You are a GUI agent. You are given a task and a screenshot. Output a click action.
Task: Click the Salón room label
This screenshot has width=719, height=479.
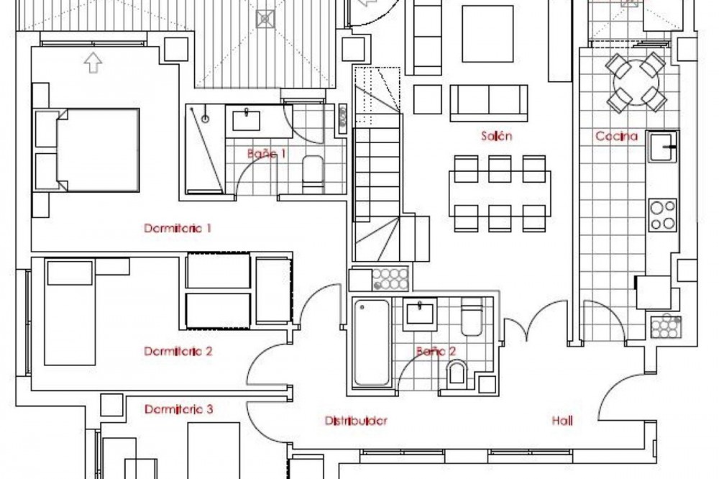pos(496,136)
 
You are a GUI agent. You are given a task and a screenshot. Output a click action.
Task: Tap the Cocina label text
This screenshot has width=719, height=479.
pos(616,136)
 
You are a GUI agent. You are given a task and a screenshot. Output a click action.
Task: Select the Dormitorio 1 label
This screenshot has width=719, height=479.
pos(178,228)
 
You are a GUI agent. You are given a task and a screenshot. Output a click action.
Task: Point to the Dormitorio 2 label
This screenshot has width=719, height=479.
pos(178,352)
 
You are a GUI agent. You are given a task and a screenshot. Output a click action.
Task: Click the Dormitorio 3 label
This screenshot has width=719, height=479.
pos(179,409)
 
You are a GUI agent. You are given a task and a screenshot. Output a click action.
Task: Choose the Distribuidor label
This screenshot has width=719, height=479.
pos(356,421)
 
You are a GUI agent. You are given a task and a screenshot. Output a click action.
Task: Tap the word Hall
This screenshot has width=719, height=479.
pos(562,421)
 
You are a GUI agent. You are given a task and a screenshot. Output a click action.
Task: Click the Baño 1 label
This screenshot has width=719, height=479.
pos(267,153)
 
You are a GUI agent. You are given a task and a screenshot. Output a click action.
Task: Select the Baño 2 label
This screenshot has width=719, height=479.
pos(436,352)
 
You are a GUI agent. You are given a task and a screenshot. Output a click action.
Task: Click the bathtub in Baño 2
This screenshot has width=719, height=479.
pos(372,342)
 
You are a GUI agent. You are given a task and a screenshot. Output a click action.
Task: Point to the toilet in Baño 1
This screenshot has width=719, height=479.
pos(313,174)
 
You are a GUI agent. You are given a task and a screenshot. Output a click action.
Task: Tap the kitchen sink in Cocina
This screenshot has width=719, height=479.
pos(661,147)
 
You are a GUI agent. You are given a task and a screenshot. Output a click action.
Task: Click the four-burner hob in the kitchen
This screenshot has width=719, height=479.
pos(663,215)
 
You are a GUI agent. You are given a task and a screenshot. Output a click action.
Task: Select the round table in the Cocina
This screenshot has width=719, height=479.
pos(636,83)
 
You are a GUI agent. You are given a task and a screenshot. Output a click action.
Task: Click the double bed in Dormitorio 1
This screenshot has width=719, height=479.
pos(98,150)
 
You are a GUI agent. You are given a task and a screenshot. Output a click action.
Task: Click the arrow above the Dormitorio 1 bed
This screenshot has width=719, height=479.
pos(93,63)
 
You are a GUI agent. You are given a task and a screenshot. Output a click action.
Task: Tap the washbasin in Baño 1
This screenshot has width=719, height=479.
pos(246,120)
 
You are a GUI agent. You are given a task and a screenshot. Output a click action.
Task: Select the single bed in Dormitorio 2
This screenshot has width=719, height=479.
pos(70,313)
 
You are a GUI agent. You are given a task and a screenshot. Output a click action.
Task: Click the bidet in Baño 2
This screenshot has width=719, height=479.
pos(457,372)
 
